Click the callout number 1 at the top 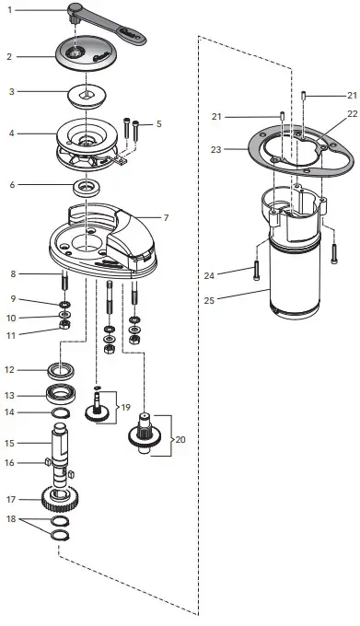pos(10,9)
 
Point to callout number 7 pos(167,218)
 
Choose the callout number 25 pos(209,299)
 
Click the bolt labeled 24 pos(255,272)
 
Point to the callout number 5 pos(158,122)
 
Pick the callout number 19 pos(126,405)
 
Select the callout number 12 pos(11,370)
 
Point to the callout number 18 pos(11,520)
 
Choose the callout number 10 pos(11,318)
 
